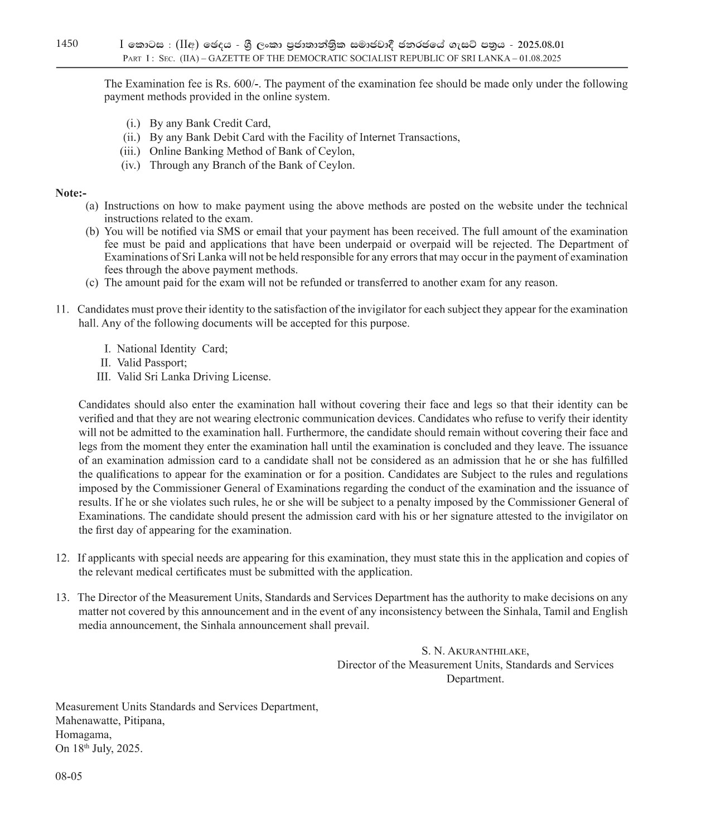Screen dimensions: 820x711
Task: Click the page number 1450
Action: (x=67, y=44)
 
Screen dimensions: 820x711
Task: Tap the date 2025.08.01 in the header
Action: (x=540, y=45)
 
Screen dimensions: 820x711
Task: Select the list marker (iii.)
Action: (x=130, y=151)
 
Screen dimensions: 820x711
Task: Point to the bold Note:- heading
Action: (x=71, y=193)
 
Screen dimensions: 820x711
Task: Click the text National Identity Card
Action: (x=172, y=349)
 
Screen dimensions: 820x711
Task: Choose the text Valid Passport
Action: (x=152, y=363)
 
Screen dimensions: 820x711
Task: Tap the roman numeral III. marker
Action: (x=104, y=377)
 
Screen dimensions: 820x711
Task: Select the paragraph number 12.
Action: (x=62, y=558)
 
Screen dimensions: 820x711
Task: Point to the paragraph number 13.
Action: (x=62, y=597)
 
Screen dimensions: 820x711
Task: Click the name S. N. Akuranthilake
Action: (x=475, y=651)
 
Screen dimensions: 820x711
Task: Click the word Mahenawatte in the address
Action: (x=85, y=720)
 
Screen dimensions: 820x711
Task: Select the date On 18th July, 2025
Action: (x=99, y=748)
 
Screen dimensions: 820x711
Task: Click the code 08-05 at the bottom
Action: (x=69, y=776)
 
